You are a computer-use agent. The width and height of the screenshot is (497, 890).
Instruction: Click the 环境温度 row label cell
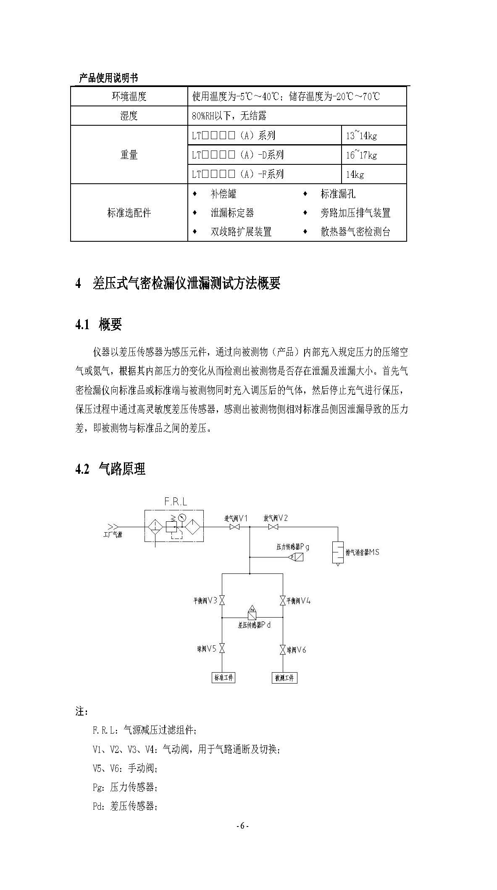point(129,96)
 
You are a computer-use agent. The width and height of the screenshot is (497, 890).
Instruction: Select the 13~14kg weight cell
point(373,135)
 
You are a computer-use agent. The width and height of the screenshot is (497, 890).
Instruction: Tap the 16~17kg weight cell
point(373,155)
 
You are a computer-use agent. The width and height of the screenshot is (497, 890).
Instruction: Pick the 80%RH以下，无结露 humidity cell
point(297,116)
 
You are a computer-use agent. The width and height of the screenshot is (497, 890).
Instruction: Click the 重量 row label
point(129,155)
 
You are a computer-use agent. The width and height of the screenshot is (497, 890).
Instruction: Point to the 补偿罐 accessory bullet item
point(215,194)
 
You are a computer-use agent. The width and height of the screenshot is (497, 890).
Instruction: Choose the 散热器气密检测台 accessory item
point(347,232)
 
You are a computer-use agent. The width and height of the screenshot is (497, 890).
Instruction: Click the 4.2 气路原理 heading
point(110,469)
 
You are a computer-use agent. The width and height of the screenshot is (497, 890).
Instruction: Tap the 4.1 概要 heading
point(99,325)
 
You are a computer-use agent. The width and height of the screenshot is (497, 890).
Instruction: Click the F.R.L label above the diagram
point(176,502)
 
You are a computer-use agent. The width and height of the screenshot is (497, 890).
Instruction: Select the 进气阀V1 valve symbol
point(234,527)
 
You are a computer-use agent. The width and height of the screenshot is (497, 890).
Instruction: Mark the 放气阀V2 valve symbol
point(273,527)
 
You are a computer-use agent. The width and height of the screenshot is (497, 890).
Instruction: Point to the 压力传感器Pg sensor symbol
point(297,557)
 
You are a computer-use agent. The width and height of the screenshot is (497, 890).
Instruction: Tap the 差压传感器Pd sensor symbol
point(252,614)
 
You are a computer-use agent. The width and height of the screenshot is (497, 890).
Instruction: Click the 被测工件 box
point(284,678)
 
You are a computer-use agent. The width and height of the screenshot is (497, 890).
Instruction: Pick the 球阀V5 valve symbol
point(222,649)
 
